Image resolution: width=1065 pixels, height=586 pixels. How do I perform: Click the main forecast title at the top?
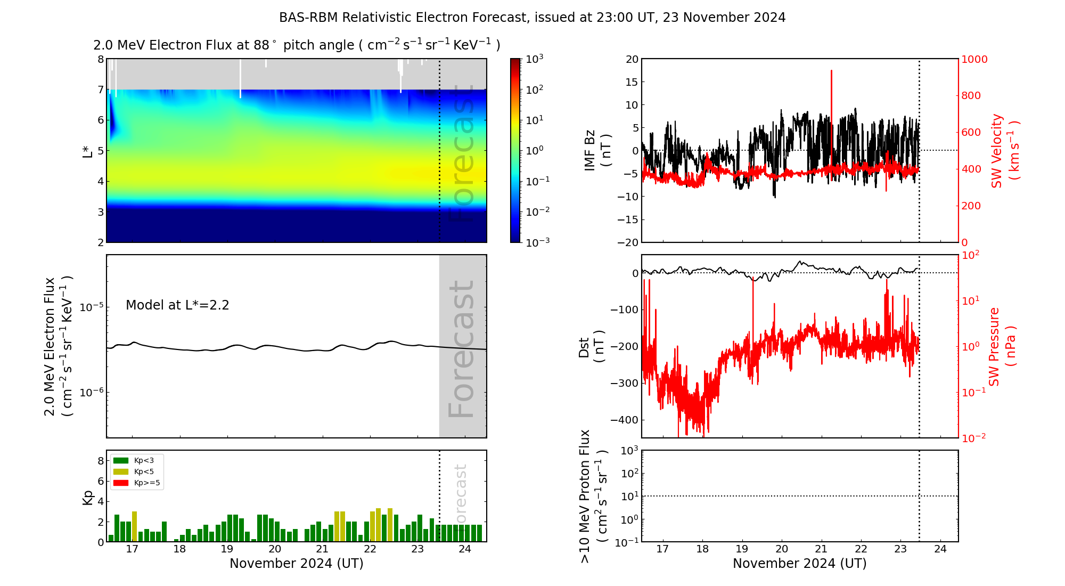pyautogui.click(x=532, y=18)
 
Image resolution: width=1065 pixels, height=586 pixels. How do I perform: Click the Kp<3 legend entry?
pyautogui.click(x=144, y=460)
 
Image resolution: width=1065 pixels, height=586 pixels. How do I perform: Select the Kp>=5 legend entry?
pyautogui.click(x=146, y=483)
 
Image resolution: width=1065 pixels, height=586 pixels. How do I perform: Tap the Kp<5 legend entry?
pyautogui.click(x=144, y=471)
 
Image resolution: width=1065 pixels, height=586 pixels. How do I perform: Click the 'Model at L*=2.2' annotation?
pyautogui.click(x=177, y=305)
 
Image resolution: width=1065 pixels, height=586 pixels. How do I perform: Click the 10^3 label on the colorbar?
pyautogui.click(x=534, y=59)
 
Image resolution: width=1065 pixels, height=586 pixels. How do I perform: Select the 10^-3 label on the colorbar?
pyautogui.click(x=537, y=242)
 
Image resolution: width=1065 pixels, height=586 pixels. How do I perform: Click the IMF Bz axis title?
pyautogui.click(x=597, y=151)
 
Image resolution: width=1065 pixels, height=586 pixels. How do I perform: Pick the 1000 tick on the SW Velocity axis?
pyautogui.click(x=974, y=59)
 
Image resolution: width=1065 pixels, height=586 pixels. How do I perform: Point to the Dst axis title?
pyautogui.click(x=592, y=346)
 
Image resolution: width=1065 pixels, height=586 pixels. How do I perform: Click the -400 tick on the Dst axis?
pyautogui.click(x=624, y=420)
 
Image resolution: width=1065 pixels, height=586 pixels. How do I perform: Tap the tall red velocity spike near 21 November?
pyautogui.click(x=831, y=96)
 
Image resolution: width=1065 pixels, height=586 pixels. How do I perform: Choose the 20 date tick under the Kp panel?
pyautogui.click(x=275, y=549)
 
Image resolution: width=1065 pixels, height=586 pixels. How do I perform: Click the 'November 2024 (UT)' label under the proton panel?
pyautogui.click(x=799, y=564)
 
